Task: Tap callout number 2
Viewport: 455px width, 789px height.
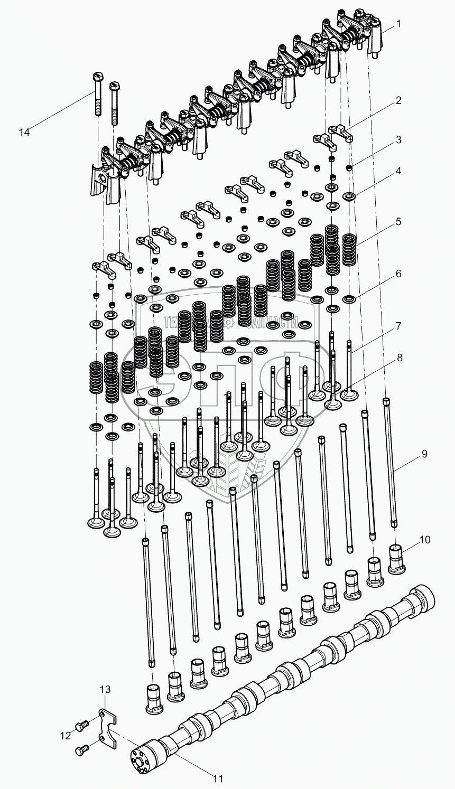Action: (398, 100)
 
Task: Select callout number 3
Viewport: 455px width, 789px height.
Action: (398, 140)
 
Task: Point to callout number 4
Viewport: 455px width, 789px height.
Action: (398, 171)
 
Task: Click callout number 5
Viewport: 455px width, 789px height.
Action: (398, 221)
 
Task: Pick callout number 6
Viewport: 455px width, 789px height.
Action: (398, 274)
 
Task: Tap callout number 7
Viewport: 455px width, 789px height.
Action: (398, 326)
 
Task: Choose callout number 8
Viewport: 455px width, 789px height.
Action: (399, 358)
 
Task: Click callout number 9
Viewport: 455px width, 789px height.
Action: (424, 454)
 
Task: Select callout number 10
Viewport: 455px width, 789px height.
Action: (425, 540)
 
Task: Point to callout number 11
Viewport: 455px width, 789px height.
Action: (218, 778)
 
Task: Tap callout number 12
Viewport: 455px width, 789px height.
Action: (65, 736)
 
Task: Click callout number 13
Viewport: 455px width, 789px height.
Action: (105, 689)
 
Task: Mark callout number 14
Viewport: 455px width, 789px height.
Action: (24, 132)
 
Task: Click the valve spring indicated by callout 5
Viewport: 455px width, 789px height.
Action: (350, 249)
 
